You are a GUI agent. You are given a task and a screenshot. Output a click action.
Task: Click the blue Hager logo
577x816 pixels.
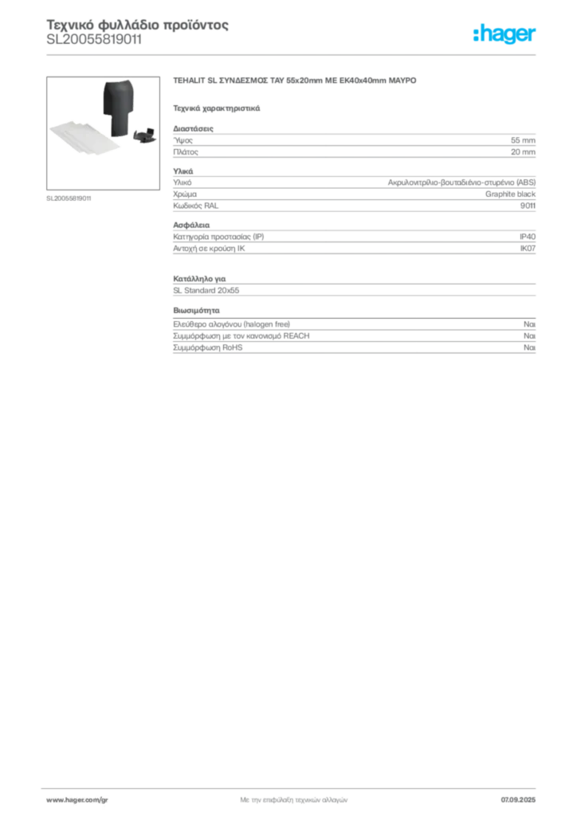505,35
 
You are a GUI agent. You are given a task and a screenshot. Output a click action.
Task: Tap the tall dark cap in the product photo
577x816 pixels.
117,100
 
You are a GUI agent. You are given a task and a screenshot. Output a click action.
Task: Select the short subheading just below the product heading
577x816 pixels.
217,108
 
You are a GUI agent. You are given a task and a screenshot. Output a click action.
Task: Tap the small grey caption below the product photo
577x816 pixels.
70,198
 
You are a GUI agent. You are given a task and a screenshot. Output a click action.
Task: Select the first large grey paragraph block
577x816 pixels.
354,143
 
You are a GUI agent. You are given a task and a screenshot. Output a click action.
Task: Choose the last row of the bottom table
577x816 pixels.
354,348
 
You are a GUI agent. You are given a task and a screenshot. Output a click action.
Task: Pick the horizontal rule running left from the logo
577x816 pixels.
303,53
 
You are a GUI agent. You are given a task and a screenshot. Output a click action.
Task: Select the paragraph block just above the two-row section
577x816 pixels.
354,241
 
